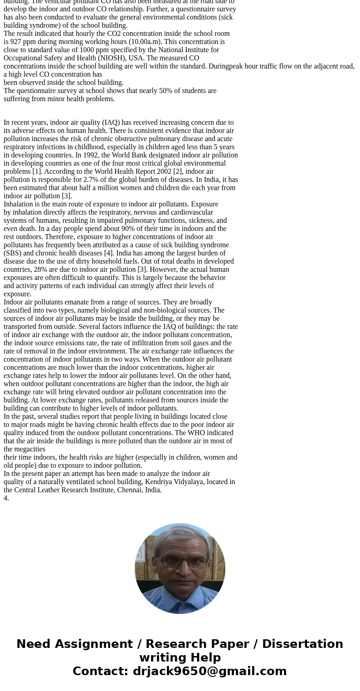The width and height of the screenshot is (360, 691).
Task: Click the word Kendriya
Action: click(159, 482)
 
